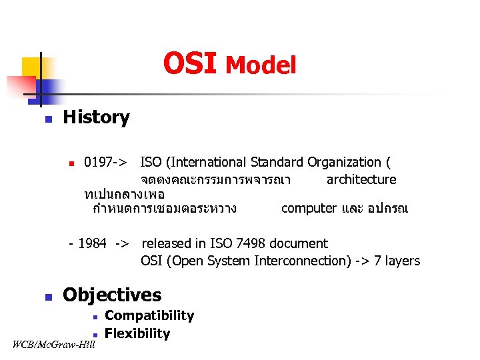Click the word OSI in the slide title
(x=190, y=64)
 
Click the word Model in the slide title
(x=261, y=65)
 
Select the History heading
(x=96, y=117)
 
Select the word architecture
(x=361, y=179)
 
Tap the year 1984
(x=92, y=243)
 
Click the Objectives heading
(x=112, y=295)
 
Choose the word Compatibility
(x=149, y=316)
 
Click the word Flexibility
(x=137, y=333)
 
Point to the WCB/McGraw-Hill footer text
(x=54, y=345)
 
